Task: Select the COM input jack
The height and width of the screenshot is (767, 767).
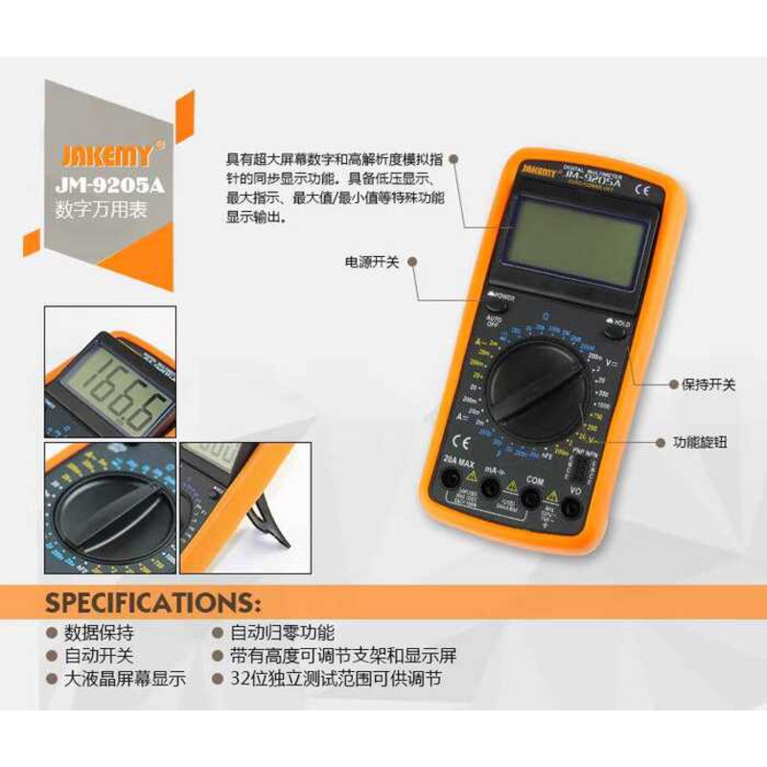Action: point(530,496)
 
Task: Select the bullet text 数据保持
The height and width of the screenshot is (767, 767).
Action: point(99,633)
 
